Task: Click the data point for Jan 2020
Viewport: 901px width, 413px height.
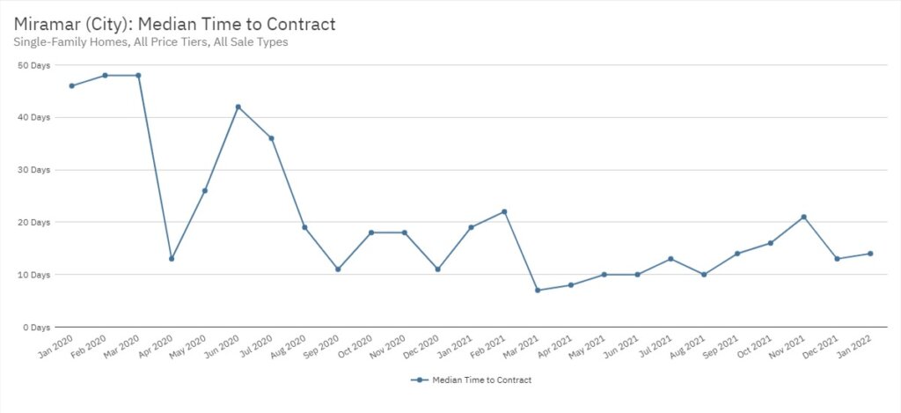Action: [71, 85]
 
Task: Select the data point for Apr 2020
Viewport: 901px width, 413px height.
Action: [172, 259]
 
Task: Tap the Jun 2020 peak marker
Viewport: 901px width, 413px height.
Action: [238, 107]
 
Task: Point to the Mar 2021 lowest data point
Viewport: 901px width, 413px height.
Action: [537, 291]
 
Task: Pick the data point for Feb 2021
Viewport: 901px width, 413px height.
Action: [504, 211]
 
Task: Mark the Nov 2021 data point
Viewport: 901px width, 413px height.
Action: [803, 217]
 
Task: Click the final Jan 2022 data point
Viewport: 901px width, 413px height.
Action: [870, 254]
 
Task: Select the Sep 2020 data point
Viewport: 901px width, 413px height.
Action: [338, 269]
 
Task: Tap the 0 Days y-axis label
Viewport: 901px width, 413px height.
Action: [37, 328]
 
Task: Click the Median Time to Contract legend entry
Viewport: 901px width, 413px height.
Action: [471, 380]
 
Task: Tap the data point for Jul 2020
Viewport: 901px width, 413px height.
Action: [271, 138]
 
